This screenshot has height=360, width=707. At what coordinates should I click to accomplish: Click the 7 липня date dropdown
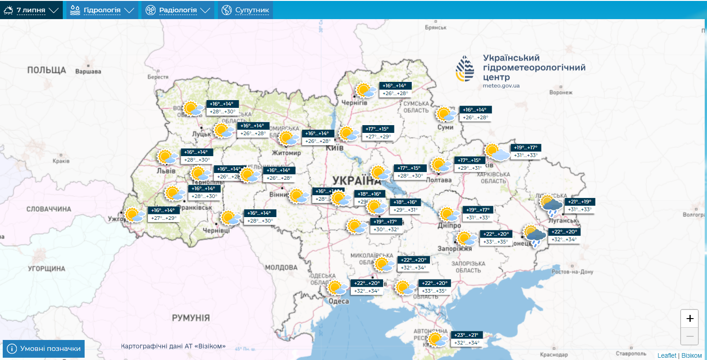click(x=32, y=10)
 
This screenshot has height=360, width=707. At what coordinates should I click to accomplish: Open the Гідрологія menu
click(x=102, y=10)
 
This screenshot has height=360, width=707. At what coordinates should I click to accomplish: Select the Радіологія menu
click(x=178, y=10)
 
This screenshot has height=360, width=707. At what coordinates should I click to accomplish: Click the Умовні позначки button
click(x=44, y=349)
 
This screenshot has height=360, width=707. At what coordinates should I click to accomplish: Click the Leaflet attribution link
click(x=667, y=355)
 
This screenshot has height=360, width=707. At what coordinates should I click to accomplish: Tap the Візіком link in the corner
click(x=692, y=355)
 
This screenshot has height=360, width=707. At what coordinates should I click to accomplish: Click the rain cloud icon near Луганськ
click(x=551, y=206)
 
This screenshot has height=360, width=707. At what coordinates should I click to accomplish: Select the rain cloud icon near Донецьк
click(x=534, y=236)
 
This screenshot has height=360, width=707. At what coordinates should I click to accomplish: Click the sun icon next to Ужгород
click(x=134, y=215)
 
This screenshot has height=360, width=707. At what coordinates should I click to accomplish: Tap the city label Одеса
click(x=338, y=301)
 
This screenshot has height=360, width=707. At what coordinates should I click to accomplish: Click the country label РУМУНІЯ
click(x=191, y=318)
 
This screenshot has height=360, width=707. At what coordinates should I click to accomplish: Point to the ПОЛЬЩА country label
click(x=46, y=70)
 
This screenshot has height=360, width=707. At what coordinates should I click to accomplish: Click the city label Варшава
click(x=88, y=71)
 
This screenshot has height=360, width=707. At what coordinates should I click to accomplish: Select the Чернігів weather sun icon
click(x=365, y=90)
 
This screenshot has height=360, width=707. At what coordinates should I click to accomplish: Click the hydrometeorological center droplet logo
click(x=465, y=69)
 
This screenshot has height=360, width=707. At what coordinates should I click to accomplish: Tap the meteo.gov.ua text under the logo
click(x=501, y=86)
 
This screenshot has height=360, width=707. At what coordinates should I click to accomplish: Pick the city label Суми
click(x=445, y=127)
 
